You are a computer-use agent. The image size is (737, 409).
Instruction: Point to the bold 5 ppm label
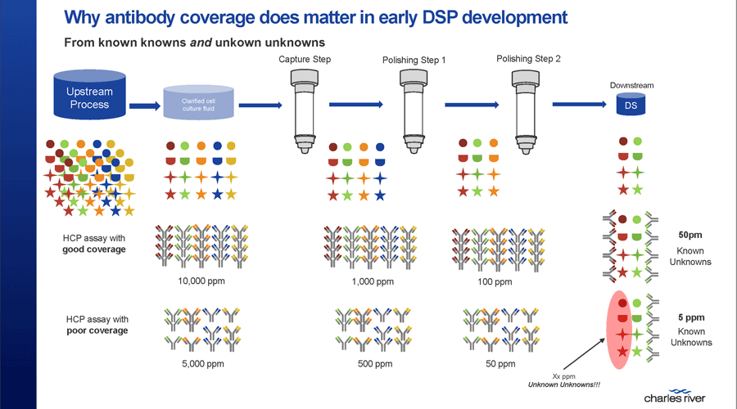pos(691,317)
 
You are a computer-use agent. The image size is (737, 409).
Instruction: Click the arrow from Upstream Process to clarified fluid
pos(144,106)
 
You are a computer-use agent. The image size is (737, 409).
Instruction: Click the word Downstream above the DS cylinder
pos(631,84)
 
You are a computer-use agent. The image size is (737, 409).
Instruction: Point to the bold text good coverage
pos(94,249)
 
